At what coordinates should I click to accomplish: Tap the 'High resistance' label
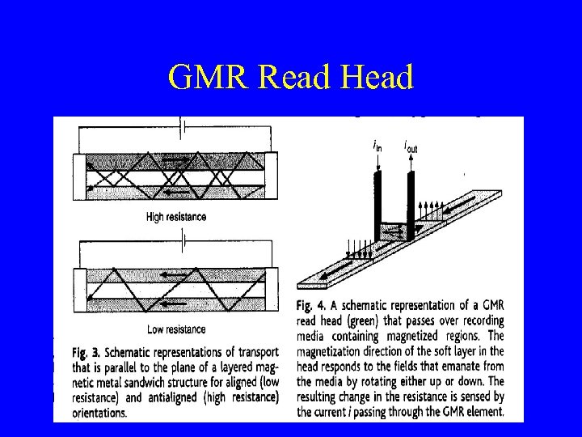click(x=175, y=217)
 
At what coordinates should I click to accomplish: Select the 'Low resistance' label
click(x=175, y=329)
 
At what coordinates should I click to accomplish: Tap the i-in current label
click(x=377, y=146)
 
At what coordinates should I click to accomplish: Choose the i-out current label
click(x=411, y=146)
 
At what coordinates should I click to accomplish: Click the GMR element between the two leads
click(x=394, y=232)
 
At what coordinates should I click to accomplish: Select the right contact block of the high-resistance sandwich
click(x=273, y=174)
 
